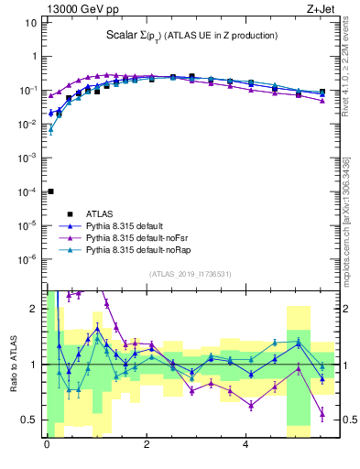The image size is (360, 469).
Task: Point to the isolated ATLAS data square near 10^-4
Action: coord(50,191)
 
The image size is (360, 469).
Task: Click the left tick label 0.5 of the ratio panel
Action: coord(30,420)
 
